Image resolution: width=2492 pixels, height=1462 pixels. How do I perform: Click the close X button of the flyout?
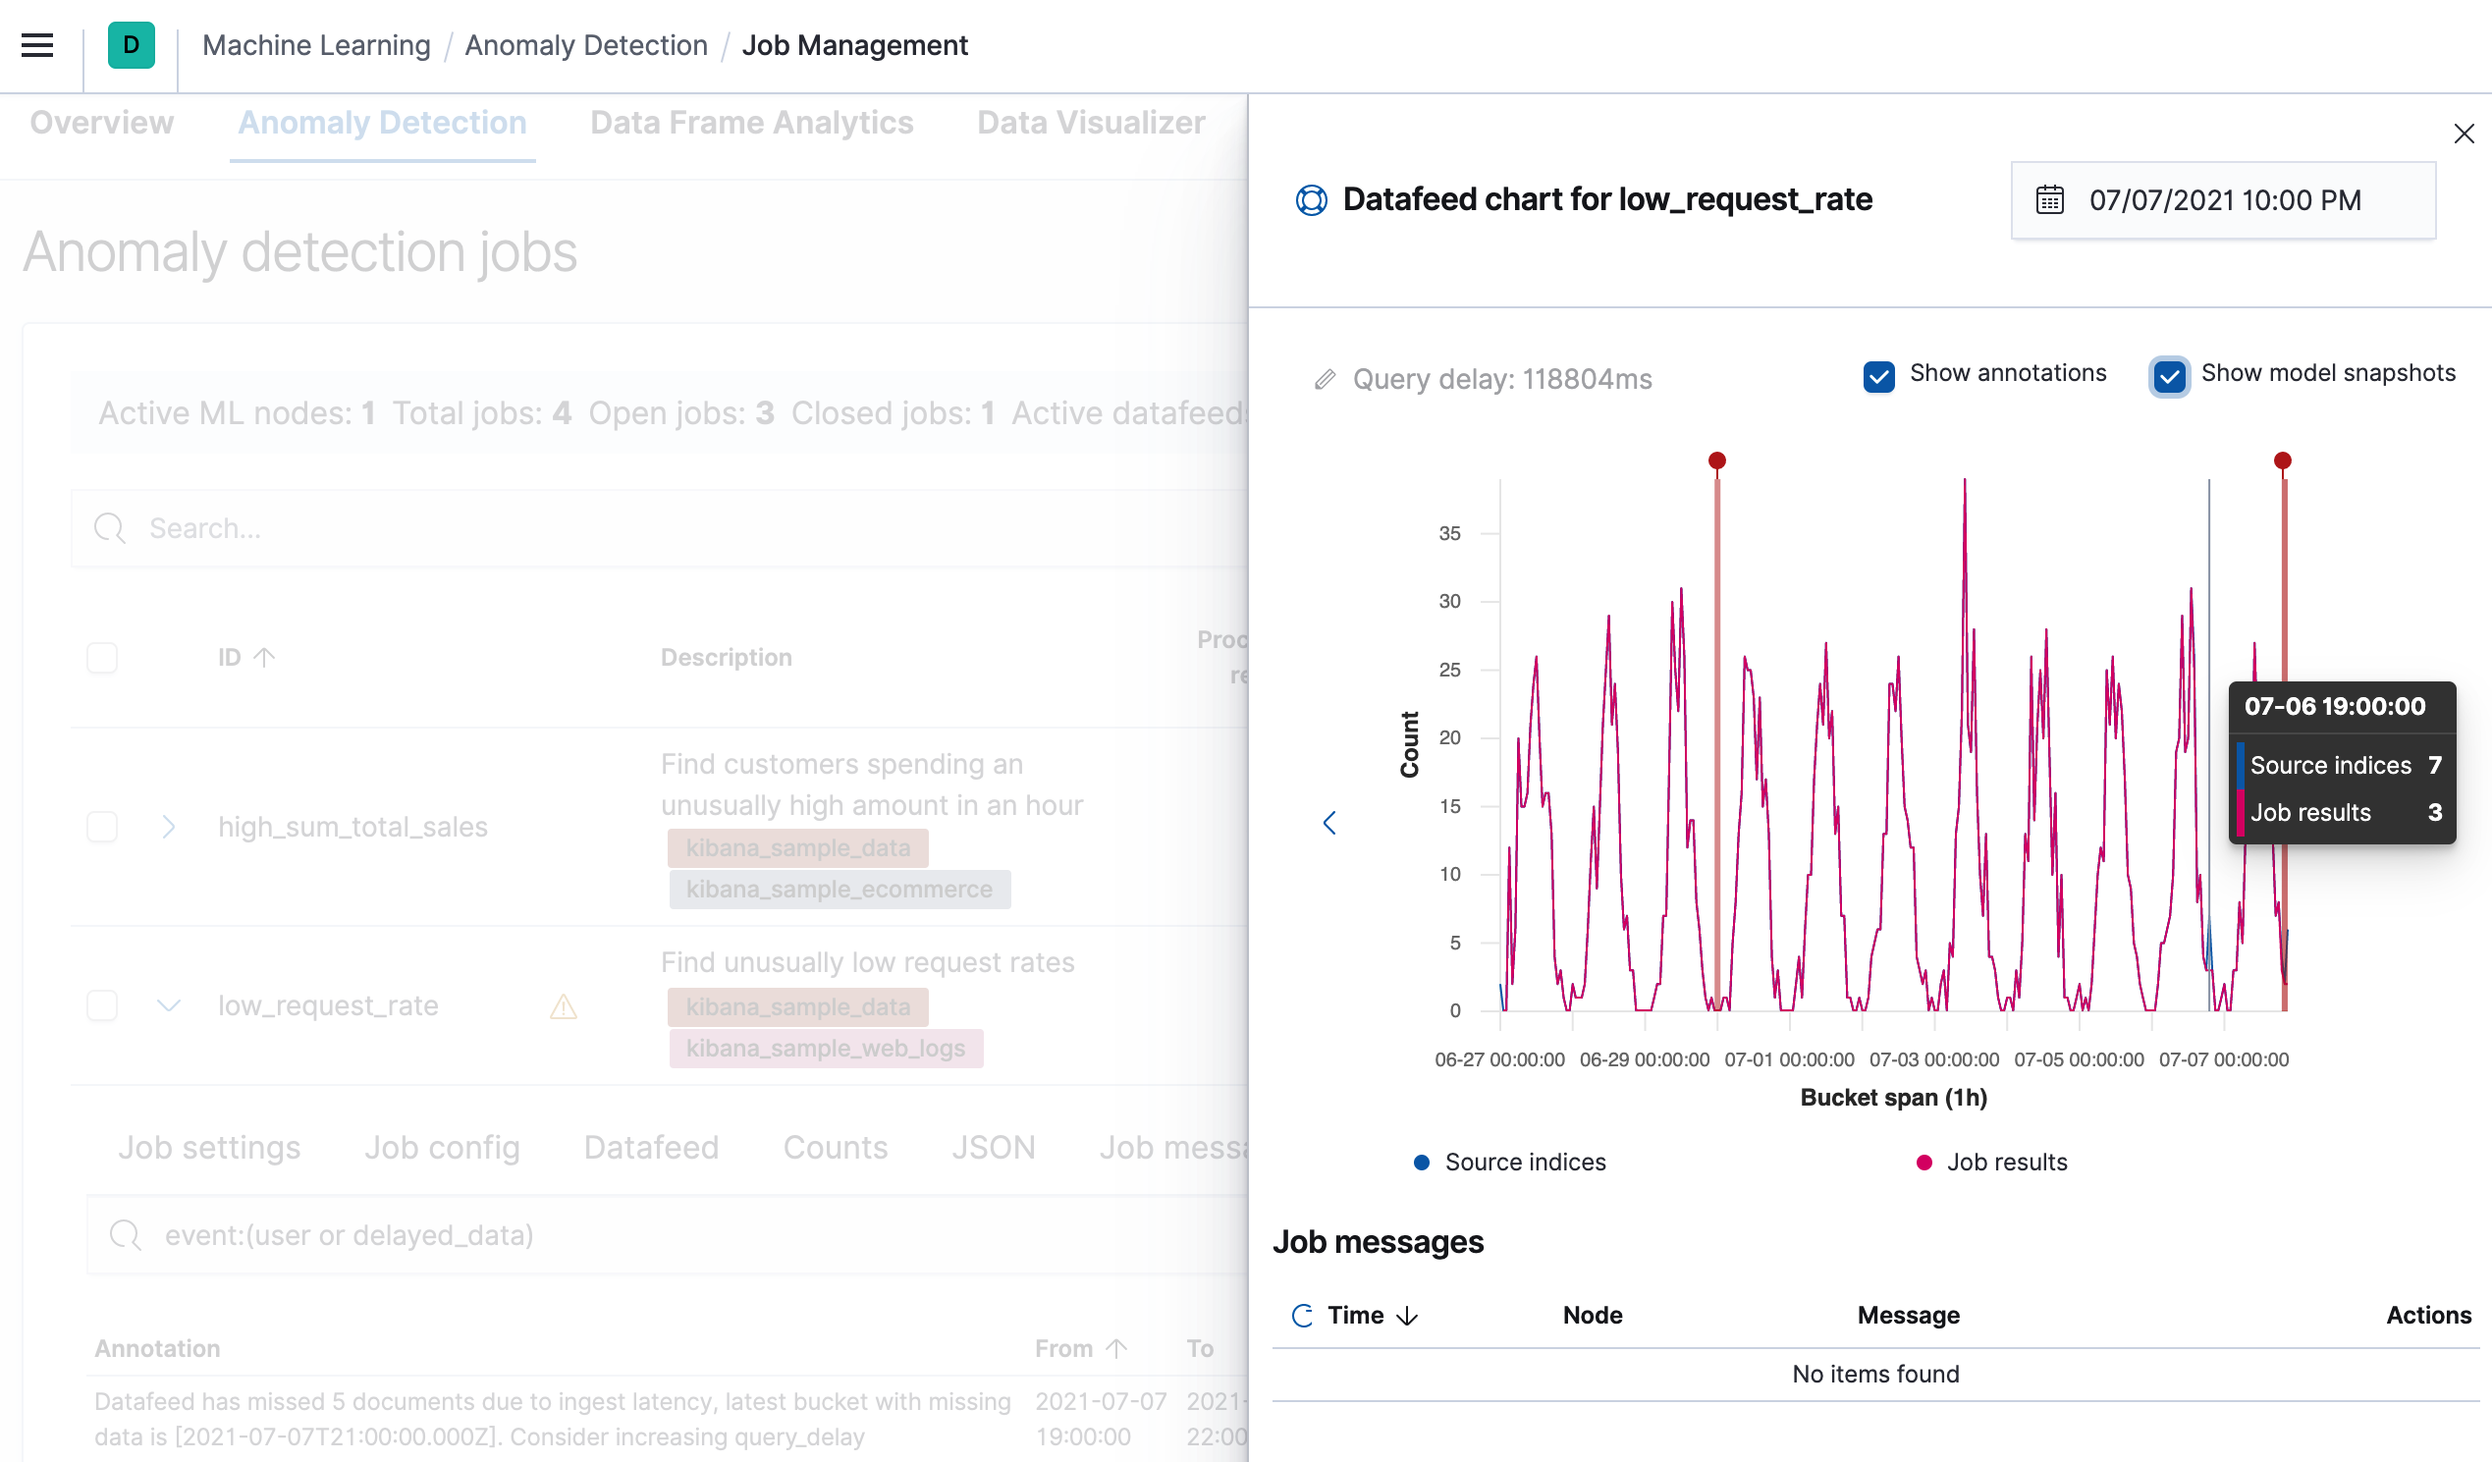tap(2463, 134)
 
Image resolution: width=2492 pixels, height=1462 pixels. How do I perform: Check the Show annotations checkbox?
tap(1878, 376)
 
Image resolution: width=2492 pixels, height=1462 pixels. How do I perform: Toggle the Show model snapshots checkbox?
tap(2169, 376)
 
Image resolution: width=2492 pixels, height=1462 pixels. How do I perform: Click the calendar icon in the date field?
tap(2049, 200)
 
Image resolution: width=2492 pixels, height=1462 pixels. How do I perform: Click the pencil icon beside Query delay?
tap(1325, 380)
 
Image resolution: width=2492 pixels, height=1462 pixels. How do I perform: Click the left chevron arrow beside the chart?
tap(1329, 822)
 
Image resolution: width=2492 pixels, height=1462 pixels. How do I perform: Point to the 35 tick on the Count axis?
tap(1448, 533)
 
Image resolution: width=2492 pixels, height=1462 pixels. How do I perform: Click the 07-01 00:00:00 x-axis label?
tap(1788, 1059)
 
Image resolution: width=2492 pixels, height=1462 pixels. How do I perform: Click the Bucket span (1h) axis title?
tap(1893, 1097)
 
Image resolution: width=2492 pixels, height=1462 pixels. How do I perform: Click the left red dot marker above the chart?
tap(1716, 460)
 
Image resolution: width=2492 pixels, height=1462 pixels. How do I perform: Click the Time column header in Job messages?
tap(1355, 1315)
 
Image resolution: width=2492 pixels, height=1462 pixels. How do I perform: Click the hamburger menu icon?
tap(37, 45)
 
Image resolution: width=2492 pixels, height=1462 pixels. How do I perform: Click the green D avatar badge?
tap(132, 45)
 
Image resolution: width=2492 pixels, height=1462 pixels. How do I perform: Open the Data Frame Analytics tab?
tap(750, 123)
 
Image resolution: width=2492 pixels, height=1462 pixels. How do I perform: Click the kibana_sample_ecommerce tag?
tap(839, 890)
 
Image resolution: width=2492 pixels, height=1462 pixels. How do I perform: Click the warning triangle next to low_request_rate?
tap(563, 1007)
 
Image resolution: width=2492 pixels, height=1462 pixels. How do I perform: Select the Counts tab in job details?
tap(835, 1148)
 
